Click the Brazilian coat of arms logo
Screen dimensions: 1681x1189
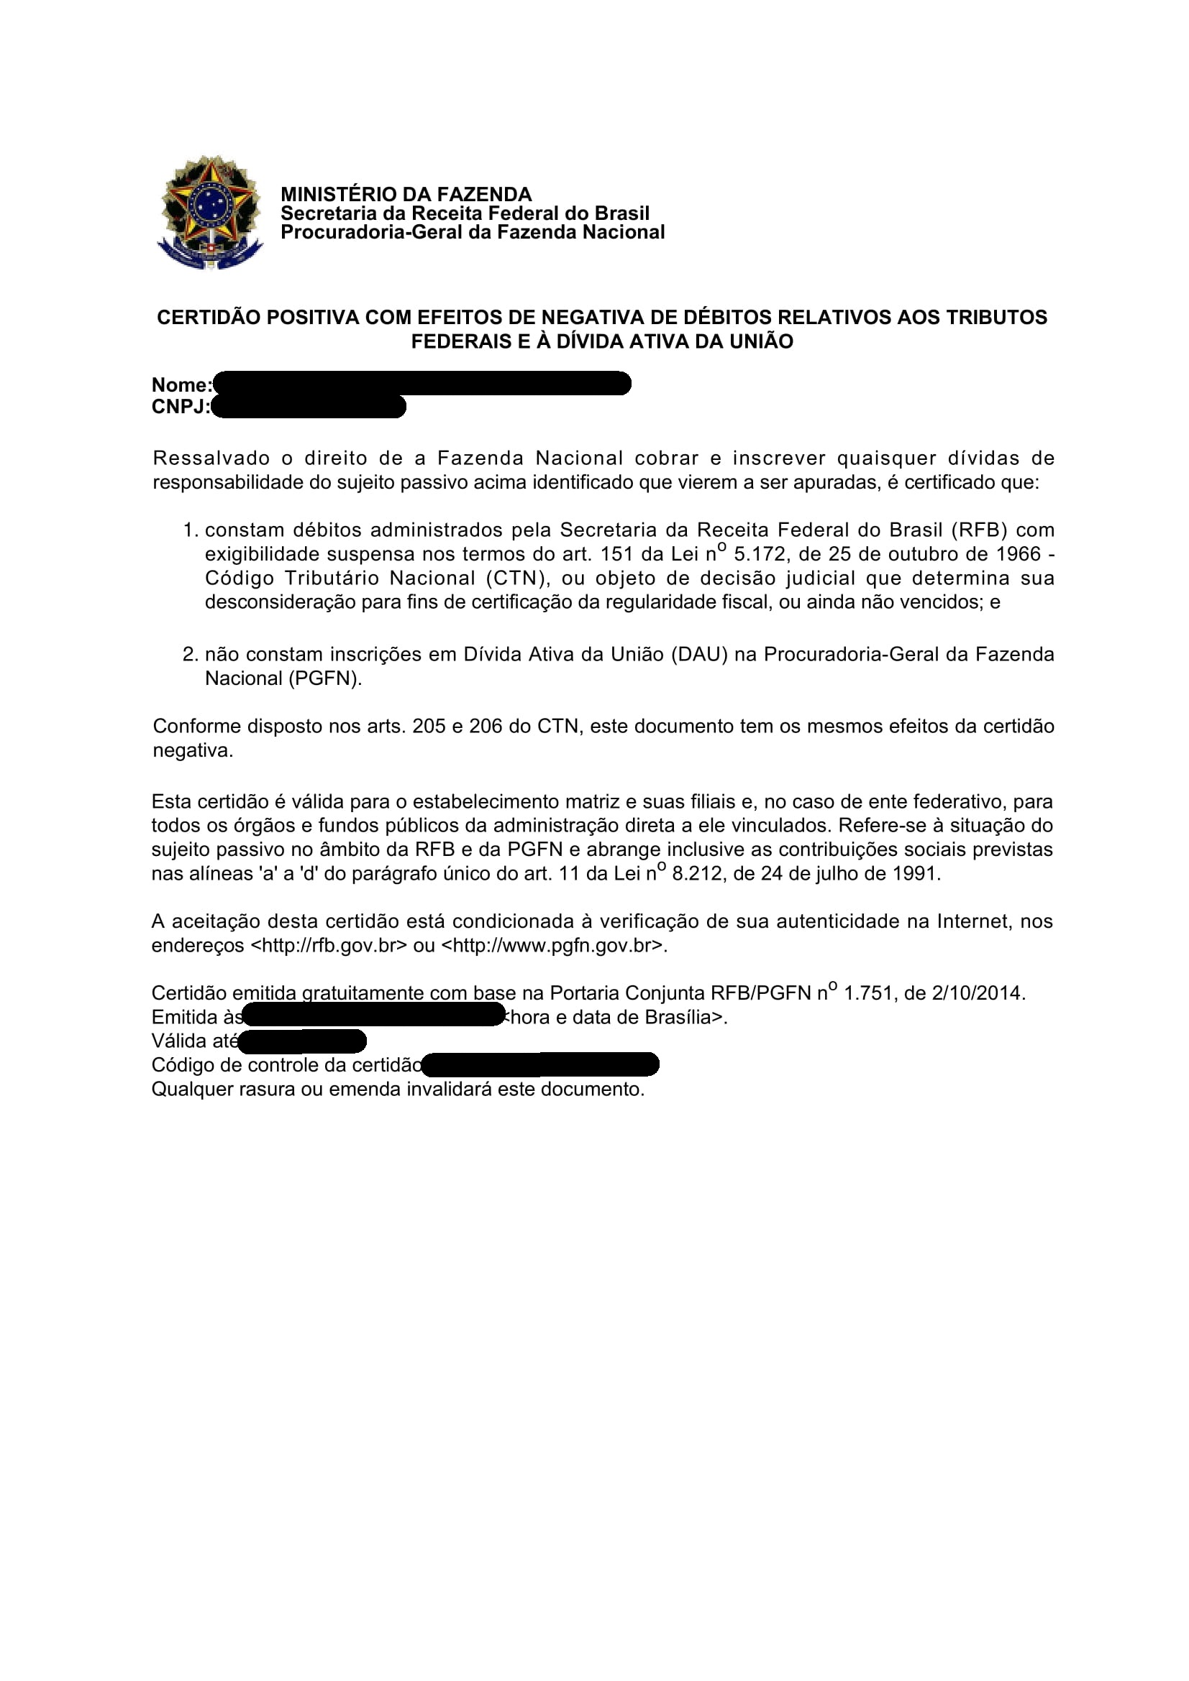[x=209, y=211]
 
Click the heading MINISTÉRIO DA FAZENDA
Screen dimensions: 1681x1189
[x=406, y=194]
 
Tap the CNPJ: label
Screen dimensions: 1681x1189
[x=181, y=407]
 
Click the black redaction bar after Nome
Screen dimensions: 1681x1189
[x=422, y=384]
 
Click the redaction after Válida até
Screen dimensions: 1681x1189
[x=302, y=1041]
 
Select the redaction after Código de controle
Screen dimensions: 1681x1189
[x=541, y=1064]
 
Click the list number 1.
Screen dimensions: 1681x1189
[x=190, y=530]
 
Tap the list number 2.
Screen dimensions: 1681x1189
[x=190, y=654]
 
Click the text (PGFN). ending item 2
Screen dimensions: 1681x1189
[x=325, y=678]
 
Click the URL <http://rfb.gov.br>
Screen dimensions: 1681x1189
[x=328, y=945]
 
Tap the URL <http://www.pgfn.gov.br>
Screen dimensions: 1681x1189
[x=554, y=945]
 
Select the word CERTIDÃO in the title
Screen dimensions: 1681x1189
[x=208, y=318]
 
